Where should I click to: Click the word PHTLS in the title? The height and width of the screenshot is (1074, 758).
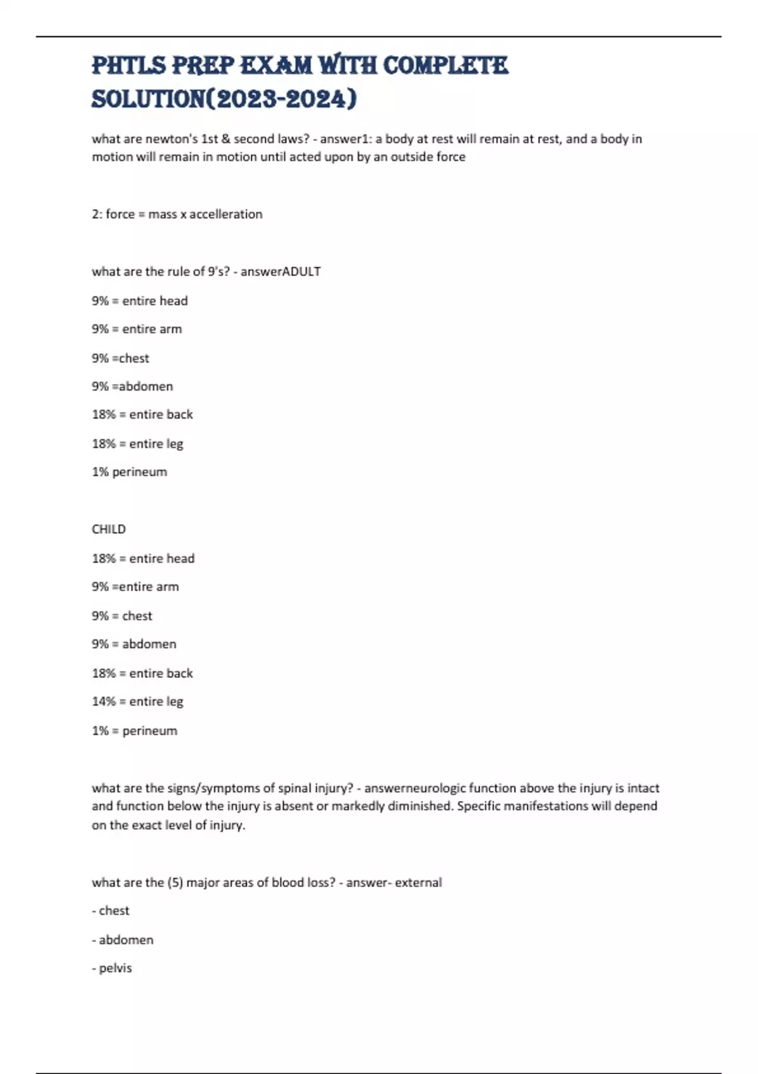click(129, 65)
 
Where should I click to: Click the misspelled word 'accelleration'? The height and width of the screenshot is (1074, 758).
click(226, 214)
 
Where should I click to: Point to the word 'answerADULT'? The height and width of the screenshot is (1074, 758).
click(280, 272)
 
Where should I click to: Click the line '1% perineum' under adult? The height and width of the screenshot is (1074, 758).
click(129, 472)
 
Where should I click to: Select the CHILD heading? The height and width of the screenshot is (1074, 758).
click(109, 529)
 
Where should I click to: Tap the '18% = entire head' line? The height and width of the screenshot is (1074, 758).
click(143, 558)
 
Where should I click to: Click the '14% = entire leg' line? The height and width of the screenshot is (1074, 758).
click(137, 701)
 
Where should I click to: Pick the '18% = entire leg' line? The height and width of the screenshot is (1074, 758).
click(137, 443)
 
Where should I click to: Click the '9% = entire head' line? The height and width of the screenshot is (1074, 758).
click(140, 301)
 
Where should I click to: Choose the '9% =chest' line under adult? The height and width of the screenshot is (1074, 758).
click(121, 358)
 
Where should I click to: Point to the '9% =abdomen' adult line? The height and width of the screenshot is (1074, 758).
click(132, 386)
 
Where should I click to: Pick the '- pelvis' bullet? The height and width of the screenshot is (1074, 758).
click(112, 968)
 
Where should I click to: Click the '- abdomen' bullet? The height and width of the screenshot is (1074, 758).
click(123, 939)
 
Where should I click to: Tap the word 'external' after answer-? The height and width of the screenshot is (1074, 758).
click(418, 883)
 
